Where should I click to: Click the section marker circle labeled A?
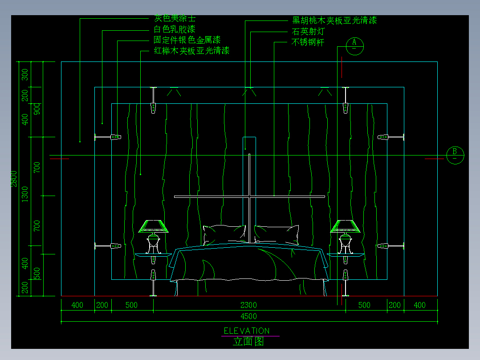click(x=354, y=45)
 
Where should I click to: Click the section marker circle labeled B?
click(x=455, y=155)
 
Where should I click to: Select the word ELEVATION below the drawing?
click(x=246, y=331)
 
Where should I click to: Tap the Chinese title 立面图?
click(x=248, y=342)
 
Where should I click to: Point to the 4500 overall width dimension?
click(x=248, y=317)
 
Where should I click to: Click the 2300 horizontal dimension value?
click(x=248, y=305)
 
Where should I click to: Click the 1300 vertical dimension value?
click(x=25, y=194)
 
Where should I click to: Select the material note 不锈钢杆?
click(x=308, y=43)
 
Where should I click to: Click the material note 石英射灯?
click(x=308, y=32)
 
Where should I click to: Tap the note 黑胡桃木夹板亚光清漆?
click(x=334, y=20)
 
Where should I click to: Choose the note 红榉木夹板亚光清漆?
click(x=191, y=51)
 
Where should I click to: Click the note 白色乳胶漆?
click(x=175, y=30)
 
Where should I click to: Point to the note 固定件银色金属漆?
click(x=187, y=41)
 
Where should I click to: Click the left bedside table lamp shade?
click(x=154, y=226)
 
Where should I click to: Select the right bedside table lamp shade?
click(x=345, y=226)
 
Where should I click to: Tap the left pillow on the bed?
click(x=224, y=234)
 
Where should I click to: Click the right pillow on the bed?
click(x=277, y=234)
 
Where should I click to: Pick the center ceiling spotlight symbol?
click(x=249, y=92)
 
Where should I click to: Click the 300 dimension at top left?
click(x=25, y=74)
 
